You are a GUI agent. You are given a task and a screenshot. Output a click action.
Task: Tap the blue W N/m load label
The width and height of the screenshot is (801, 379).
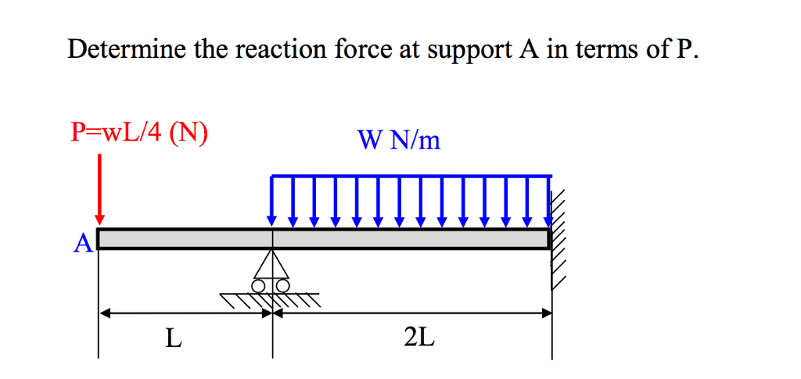(x=399, y=140)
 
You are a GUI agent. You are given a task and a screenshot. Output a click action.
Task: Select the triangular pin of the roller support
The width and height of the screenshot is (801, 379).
(x=272, y=265)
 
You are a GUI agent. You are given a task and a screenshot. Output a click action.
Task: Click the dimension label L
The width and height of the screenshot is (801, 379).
(x=174, y=338)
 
